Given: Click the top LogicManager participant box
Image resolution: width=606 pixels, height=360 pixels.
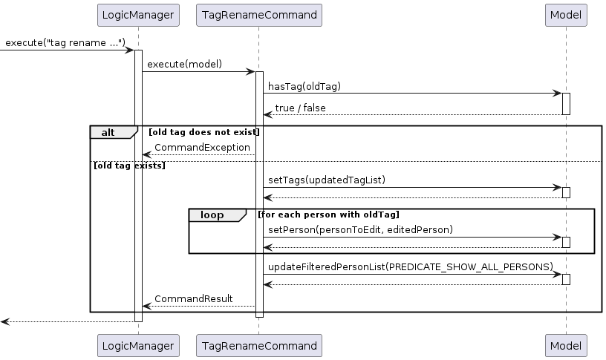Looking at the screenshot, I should click(138, 15).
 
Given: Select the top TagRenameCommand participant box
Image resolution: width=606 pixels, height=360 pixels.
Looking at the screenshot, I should click(258, 15).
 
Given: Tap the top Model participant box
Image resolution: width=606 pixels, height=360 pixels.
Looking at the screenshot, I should click(566, 15).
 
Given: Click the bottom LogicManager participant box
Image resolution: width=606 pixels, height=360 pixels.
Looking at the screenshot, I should click(138, 345).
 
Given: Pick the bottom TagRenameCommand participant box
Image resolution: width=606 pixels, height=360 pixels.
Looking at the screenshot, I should click(258, 345).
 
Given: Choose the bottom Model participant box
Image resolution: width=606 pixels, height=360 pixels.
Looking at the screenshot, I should click(566, 345).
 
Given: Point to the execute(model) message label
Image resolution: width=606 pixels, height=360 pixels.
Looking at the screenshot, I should click(184, 65).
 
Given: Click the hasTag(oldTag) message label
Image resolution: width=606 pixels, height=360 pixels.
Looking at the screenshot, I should click(304, 86).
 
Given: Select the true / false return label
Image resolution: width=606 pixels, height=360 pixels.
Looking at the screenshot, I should click(300, 108).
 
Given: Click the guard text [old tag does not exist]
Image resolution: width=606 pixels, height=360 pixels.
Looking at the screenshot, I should click(203, 132).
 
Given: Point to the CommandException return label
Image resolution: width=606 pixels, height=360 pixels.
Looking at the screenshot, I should click(202, 148).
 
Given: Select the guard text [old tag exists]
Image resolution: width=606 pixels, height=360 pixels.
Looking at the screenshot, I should click(128, 165).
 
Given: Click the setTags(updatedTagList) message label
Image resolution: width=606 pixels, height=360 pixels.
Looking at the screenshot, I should click(327, 180).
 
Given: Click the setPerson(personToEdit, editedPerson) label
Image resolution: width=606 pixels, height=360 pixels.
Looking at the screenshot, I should click(360, 230).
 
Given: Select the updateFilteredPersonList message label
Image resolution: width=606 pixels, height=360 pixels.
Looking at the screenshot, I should click(411, 266).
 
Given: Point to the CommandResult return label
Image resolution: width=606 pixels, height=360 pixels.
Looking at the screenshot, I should click(193, 298).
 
